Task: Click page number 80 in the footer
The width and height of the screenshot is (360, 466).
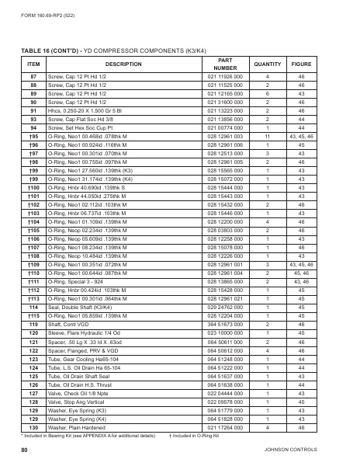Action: (x=24, y=450)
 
